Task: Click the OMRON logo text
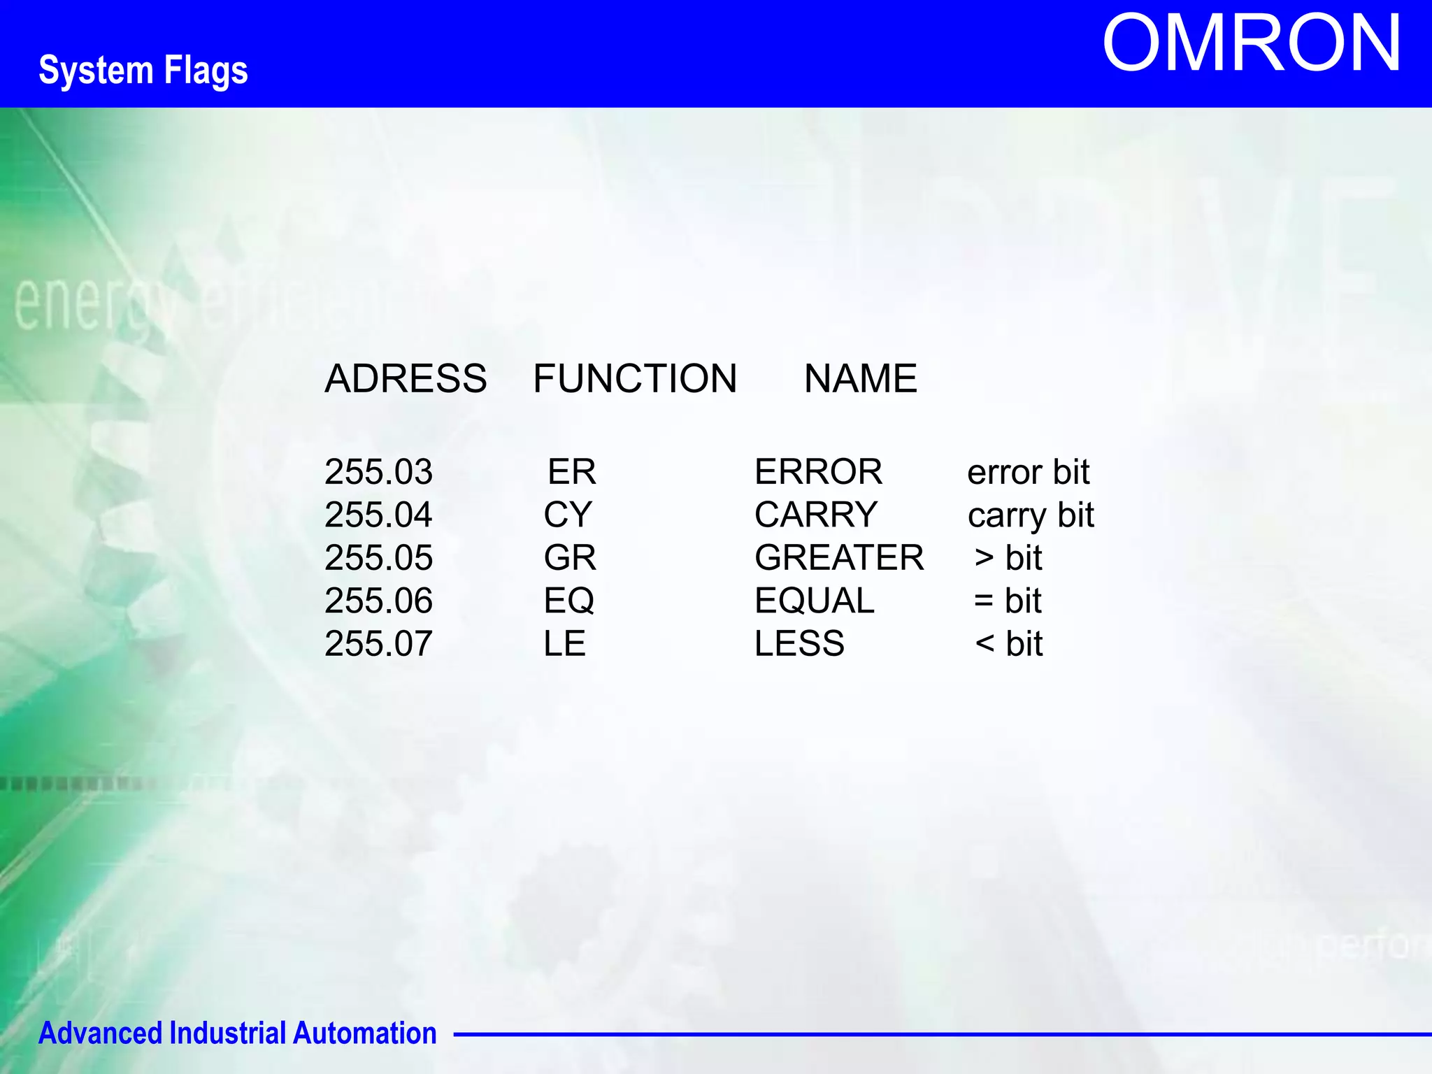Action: (1251, 44)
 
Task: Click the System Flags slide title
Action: (143, 71)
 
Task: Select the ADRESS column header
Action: (406, 378)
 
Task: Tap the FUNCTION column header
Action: (635, 378)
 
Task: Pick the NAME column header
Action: (860, 378)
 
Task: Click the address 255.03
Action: (378, 472)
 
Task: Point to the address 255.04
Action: (378, 515)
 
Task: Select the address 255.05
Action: (378, 558)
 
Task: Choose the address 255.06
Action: (378, 601)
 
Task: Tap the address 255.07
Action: (378, 643)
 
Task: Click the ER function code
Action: (571, 472)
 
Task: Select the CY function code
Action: (568, 515)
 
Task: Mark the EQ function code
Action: (569, 601)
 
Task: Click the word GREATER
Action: (839, 558)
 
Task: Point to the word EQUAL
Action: (814, 601)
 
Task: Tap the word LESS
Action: (799, 643)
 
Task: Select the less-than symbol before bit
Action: (984, 643)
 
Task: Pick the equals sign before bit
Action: (984, 601)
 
